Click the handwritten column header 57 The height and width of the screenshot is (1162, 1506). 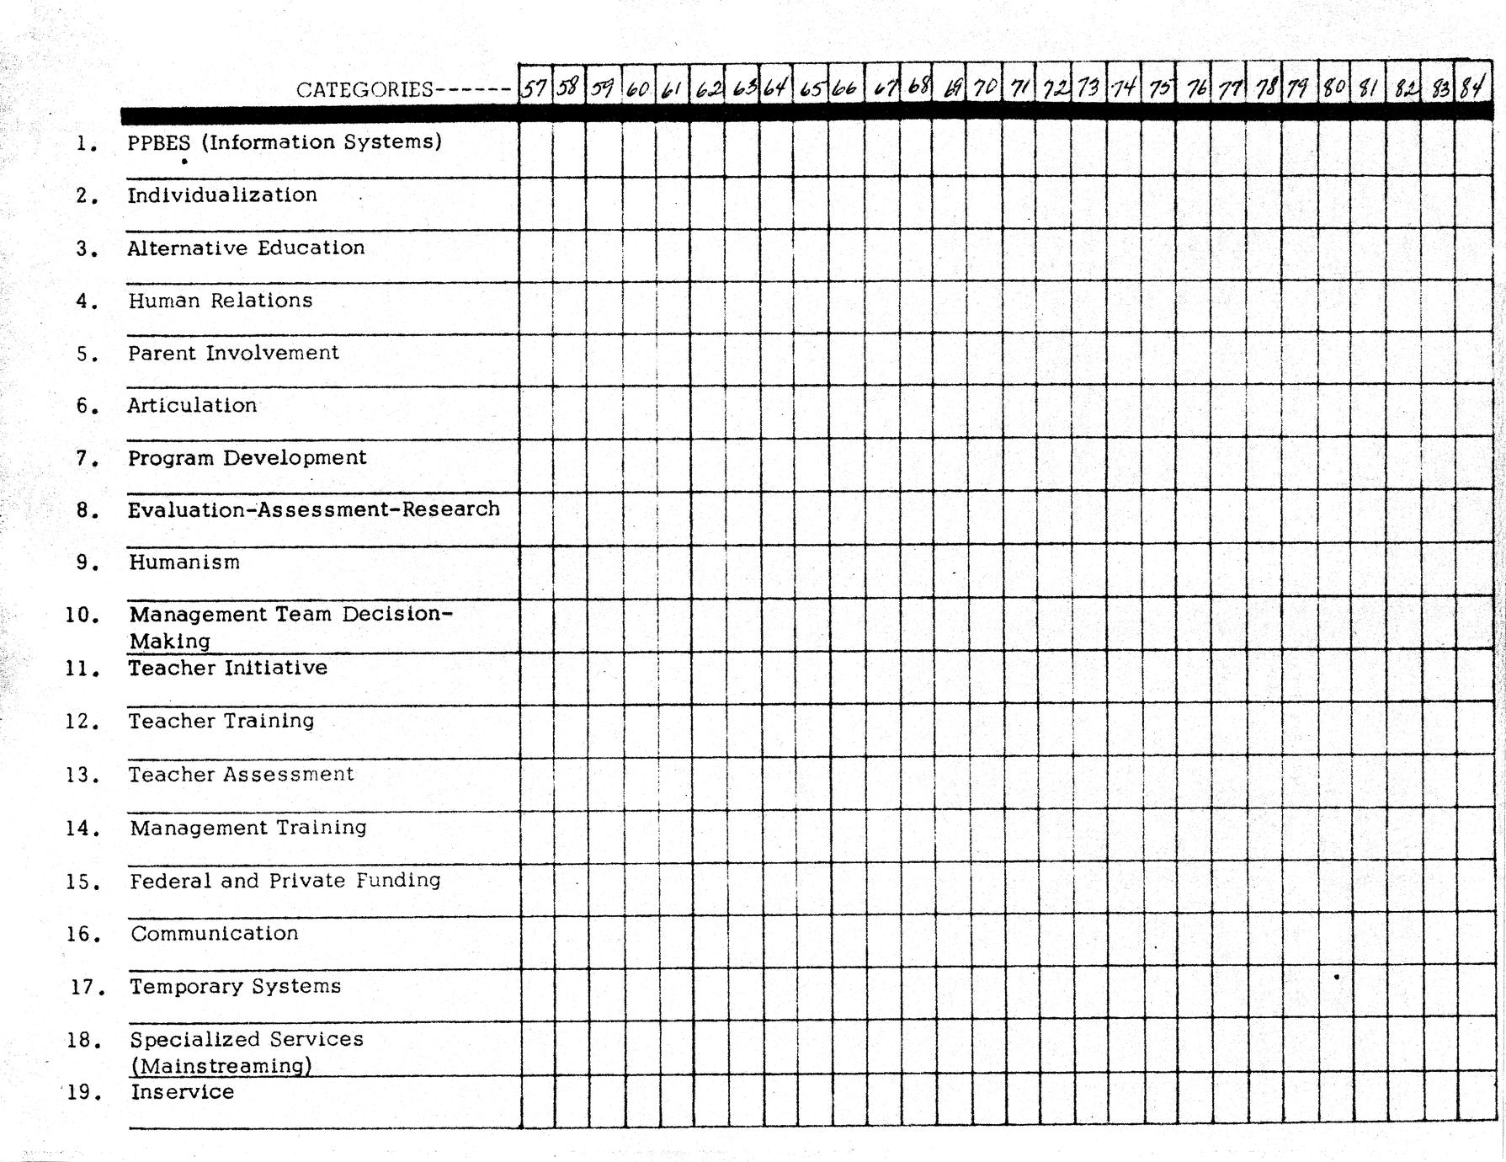[x=535, y=87]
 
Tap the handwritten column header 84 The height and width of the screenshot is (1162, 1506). [x=1472, y=87]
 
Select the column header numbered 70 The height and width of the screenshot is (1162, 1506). [x=984, y=87]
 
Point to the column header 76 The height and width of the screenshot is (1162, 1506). [x=1195, y=88]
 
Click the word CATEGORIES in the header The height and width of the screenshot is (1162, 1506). [x=365, y=89]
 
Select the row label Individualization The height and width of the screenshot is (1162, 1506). [x=222, y=195]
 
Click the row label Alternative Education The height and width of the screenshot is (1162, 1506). [x=246, y=248]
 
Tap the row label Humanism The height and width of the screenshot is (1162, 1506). [x=184, y=562]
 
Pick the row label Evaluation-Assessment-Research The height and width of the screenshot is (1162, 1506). [x=313, y=509]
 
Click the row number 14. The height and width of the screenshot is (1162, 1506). [x=82, y=829]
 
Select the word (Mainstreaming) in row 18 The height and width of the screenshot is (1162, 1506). [x=221, y=1066]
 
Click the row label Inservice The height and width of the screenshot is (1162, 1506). [x=183, y=1092]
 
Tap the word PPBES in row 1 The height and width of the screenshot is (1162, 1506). [x=159, y=142]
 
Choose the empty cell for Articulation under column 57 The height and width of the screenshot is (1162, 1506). [x=536, y=412]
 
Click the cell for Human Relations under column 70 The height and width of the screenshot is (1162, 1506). [x=984, y=307]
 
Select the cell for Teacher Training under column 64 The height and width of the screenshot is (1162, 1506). [x=775, y=731]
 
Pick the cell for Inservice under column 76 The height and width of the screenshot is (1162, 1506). [x=1195, y=1101]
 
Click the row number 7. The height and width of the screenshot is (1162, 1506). [x=87, y=460]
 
